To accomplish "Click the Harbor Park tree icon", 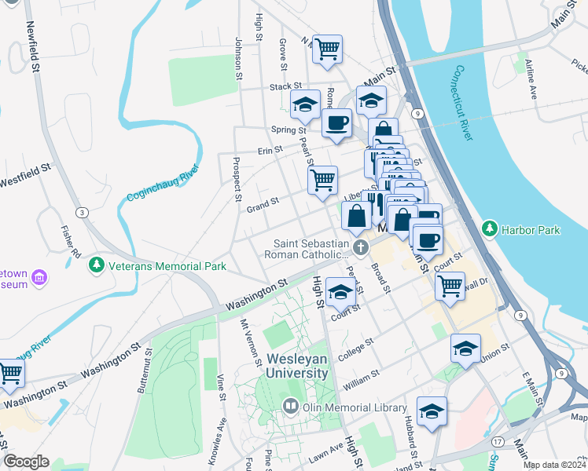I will pyautogui.click(x=491, y=229).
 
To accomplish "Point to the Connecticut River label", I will pyautogui.click(x=462, y=102).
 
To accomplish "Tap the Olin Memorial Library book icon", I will pyautogui.click(x=291, y=407).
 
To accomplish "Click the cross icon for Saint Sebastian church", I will pyautogui.click(x=361, y=249).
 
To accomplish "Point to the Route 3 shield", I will pyautogui.click(x=81, y=212).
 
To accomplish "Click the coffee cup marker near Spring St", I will pyautogui.click(x=337, y=123).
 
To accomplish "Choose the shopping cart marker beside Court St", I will pyautogui.click(x=450, y=286).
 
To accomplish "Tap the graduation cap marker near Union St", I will pyautogui.click(x=465, y=348).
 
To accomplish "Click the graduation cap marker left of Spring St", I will pyautogui.click(x=305, y=104).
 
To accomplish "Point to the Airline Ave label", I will pyautogui.click(x=531, y=78).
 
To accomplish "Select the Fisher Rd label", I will pyautogui.click(x=71, y=243).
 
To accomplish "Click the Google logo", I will pyautogui.click(x=26, y=462).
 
